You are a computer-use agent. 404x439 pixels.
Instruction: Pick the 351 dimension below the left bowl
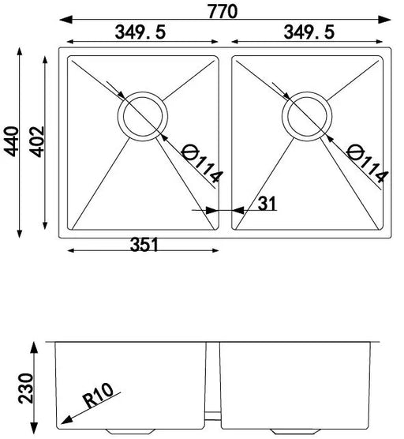coord(144,244)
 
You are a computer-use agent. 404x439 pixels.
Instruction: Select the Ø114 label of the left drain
coord(196,163)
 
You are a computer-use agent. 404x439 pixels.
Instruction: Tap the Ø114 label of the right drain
coord(365,163)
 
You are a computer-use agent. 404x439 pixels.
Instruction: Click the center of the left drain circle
coord(141,115)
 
